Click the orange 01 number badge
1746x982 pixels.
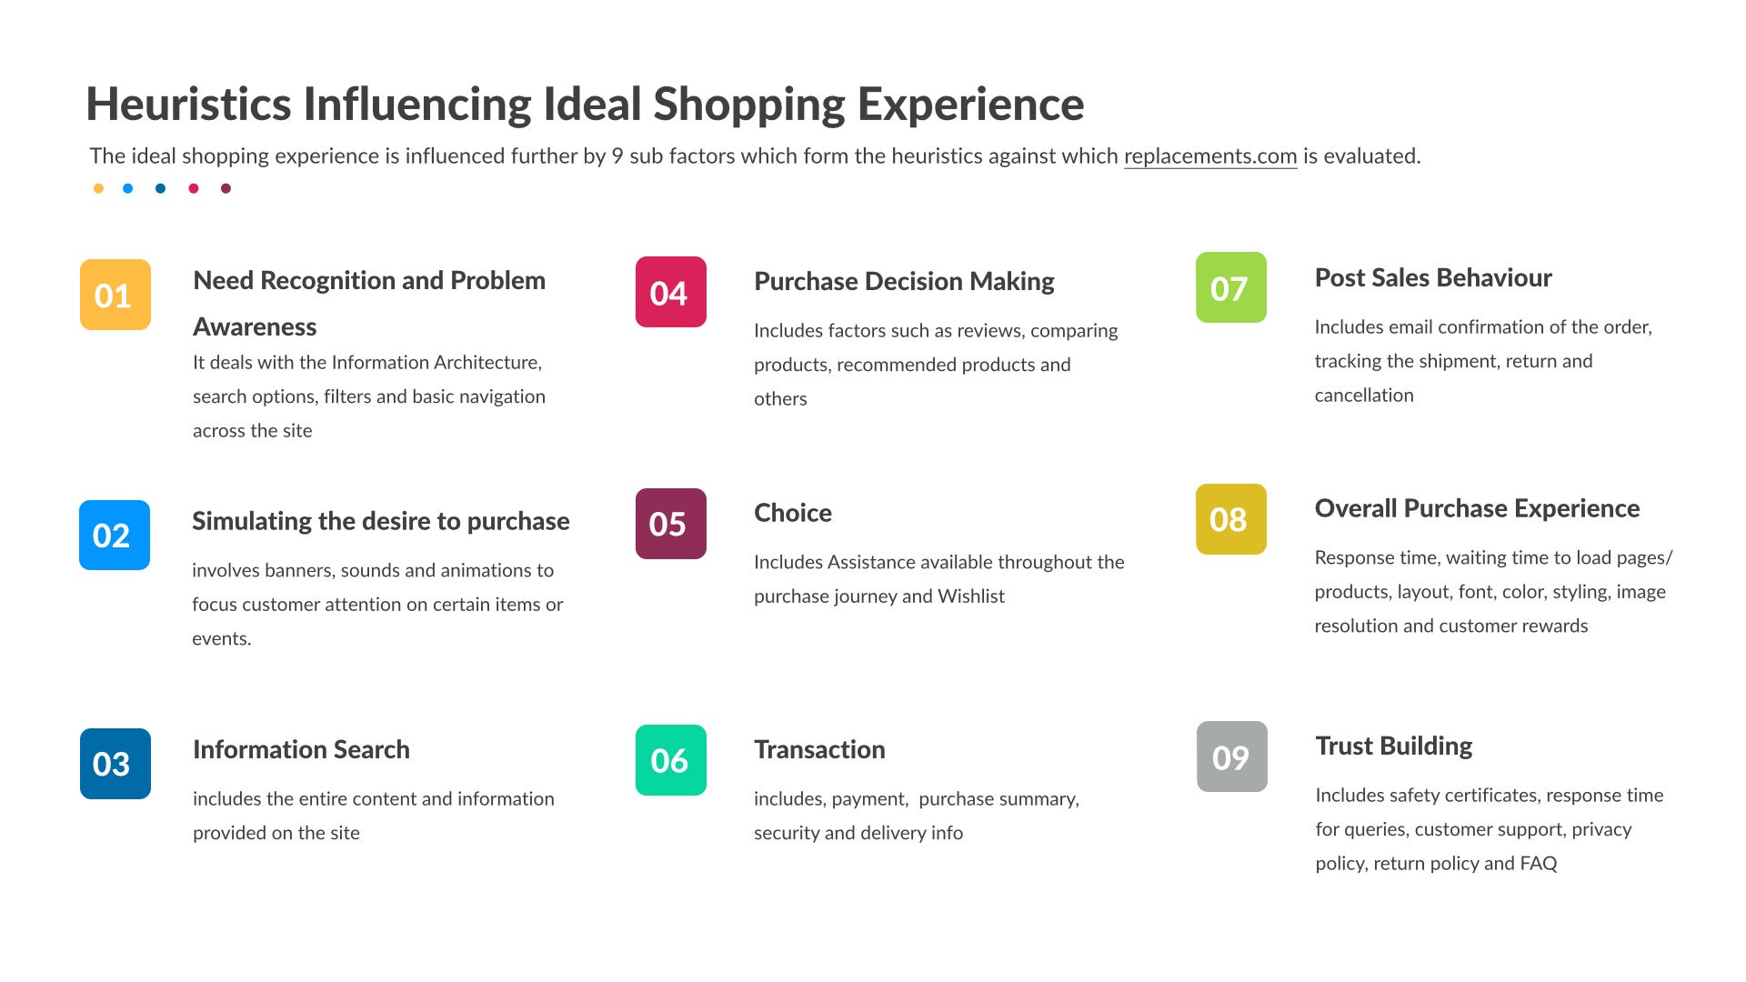click(115, 295)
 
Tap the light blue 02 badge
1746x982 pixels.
click(115, 536)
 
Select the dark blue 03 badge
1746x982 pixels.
click(115, 764)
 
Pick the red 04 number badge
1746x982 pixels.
click(671, 292)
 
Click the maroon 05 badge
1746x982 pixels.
click(671, 524)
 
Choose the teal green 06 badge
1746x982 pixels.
click(671, 760)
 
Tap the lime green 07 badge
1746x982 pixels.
click(1231, 287)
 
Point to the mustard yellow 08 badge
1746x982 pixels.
click(1231, 519)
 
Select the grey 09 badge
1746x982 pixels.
click(1232, 757)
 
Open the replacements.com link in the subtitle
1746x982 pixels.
click(1210, 156)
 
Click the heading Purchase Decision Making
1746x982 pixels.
click(904, 282)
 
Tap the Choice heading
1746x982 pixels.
click(793, 513)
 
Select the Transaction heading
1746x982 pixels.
click(819, 749)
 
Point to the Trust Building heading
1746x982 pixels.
click(1394, 747)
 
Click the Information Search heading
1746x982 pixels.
click(301, 749)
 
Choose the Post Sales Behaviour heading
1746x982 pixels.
click(1433, 277)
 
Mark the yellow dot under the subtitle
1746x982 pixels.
click(98, 188)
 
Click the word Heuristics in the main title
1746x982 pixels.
click(188, 104)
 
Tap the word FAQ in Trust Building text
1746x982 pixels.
click(1538, 864)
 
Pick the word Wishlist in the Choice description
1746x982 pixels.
click(971, 596)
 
